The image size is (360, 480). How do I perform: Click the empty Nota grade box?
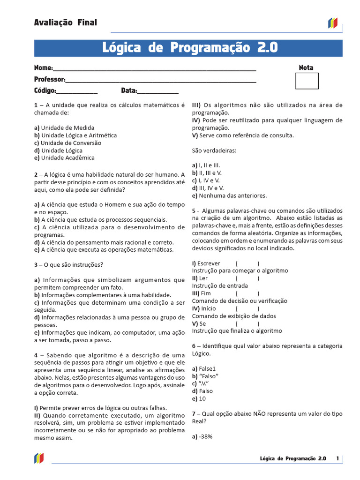tap(307, 81)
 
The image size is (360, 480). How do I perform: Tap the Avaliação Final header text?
tap(66, 22)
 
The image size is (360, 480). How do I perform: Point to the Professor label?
tap(49, 79)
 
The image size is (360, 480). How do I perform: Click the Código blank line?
tap(77, 91)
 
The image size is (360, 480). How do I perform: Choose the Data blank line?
tap(158, 91)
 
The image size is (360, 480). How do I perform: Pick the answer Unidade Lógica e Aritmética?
tap(79, 135)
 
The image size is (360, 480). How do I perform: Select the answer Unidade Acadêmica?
tap(67, 158)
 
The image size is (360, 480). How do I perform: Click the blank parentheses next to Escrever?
tap(247, 263)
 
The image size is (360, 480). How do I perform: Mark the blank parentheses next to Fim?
tap(247, 293)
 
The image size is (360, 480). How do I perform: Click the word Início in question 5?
tap(208, 308)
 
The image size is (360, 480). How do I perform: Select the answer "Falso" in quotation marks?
tap(209, 376)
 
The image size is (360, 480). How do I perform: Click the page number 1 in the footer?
tap(337, 458)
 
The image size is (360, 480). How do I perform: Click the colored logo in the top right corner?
tap(332, 23)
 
